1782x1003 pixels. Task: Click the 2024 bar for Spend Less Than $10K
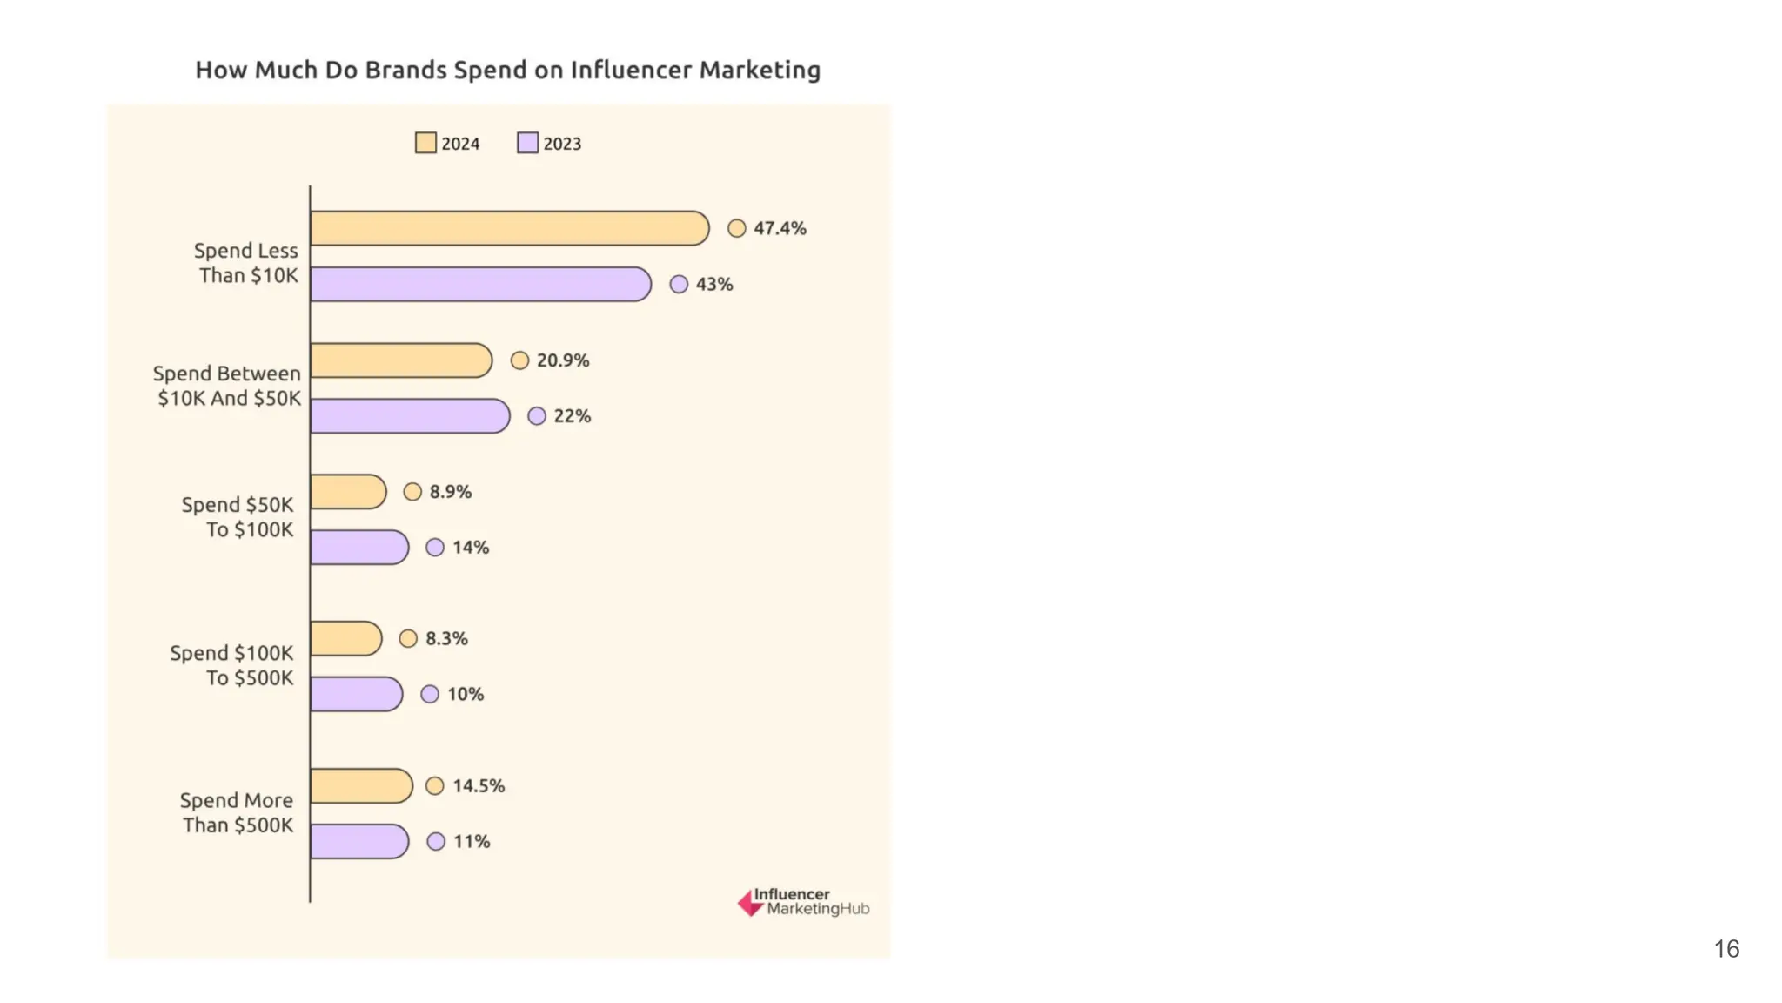coord(509,228)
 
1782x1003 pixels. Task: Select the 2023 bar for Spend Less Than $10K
coord(480,284)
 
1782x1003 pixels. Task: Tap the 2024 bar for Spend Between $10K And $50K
coord(401,360)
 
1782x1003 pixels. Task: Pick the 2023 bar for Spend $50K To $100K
coord(359,548)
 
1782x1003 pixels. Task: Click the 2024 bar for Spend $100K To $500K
coord(346,638)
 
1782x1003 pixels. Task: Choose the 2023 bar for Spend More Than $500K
coord(359,841)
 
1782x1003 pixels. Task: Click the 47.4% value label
coord(780,228)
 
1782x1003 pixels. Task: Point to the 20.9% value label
coord(563,360)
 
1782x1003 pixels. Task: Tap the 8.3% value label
coord(446,638)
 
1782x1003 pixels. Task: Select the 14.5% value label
coord(479,785)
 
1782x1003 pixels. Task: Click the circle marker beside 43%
coord(679,284)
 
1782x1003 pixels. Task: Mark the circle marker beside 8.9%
coord(412,492)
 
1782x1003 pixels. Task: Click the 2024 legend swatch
coord(425,143)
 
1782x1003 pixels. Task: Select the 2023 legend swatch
coord(527,143)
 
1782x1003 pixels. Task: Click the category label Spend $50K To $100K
coord(238,517)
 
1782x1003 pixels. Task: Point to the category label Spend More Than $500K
coord(237,812)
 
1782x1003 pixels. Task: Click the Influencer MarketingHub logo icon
coord(750,903)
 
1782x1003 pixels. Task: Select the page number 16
coord(1726,948)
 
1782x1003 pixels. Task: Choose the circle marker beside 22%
coord(537,416)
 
